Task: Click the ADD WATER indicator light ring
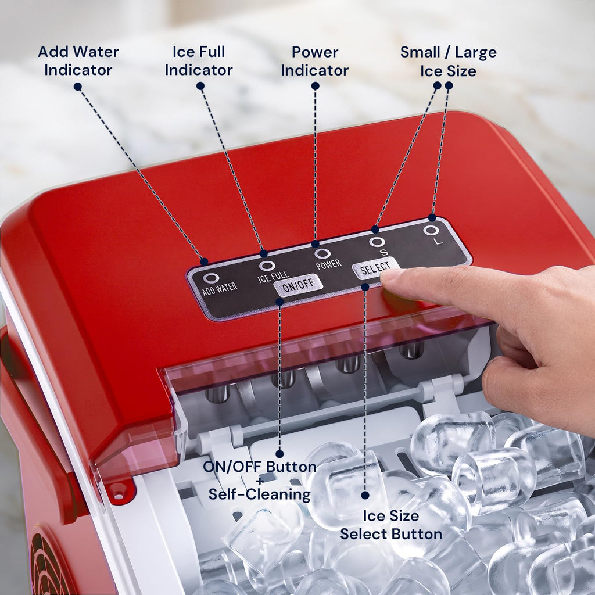210,278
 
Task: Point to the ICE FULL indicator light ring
267,265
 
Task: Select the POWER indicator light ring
322,253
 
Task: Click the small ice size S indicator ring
377,242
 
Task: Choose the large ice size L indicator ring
431,230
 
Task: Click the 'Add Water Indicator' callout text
78,60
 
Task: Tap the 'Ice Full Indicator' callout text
199,60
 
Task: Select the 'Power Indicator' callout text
314,61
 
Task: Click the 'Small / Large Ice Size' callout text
448,62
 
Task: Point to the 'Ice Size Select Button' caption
391,525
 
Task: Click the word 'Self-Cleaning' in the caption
260,494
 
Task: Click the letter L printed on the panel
439,241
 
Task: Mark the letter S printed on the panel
384,252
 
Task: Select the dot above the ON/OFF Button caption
279,453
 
